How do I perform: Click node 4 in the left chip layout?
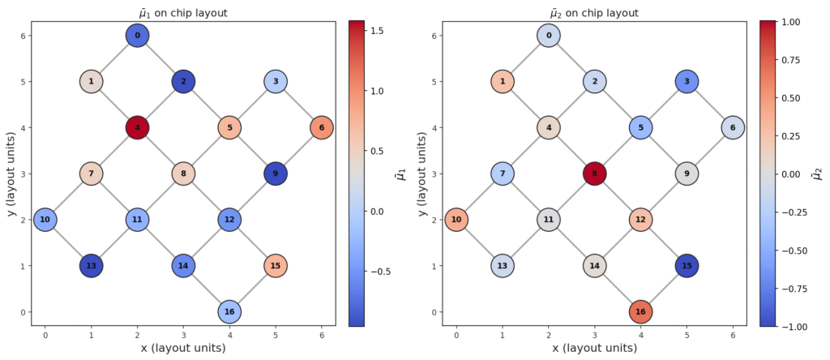point(138,127)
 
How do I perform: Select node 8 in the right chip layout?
point(594,174)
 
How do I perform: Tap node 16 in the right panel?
point(640,312)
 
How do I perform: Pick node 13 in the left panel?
point(92,266)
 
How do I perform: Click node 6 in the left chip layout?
point(322,127)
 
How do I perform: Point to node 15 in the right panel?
point(687,266)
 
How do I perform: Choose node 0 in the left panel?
point(138,36)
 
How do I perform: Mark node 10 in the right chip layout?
point(456,220)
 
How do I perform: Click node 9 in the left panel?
point(276,174)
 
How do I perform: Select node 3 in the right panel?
point(687,82)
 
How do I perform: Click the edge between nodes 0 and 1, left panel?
point(114,58)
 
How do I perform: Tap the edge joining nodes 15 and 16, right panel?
point(663,289)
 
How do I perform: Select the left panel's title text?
point(183,12)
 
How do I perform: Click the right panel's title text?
point(594,12)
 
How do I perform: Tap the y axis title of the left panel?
point(11,174)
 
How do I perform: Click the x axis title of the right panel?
point(594,348)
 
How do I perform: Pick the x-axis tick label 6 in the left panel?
point(322,333)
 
